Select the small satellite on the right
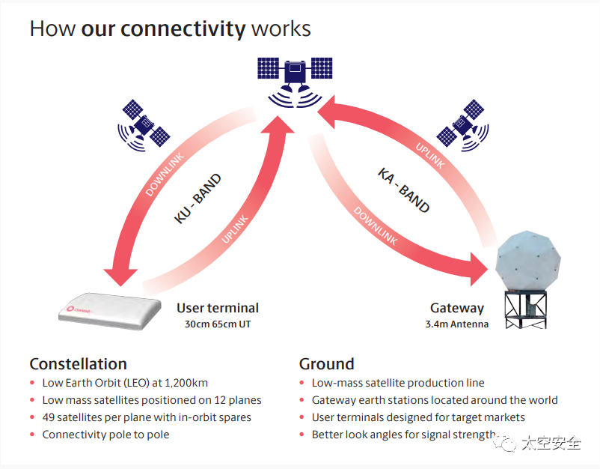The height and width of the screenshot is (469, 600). point(463,123)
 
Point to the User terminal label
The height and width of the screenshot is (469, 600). point(218,308)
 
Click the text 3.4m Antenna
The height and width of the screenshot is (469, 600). point(456,324)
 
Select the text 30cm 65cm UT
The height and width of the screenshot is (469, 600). point(218,324)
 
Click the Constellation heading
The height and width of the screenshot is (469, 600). point(78,364)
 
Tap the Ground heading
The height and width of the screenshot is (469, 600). point(326,364)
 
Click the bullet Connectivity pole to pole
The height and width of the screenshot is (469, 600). point(105,435)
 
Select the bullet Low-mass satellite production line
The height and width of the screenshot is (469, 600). point(398,383)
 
